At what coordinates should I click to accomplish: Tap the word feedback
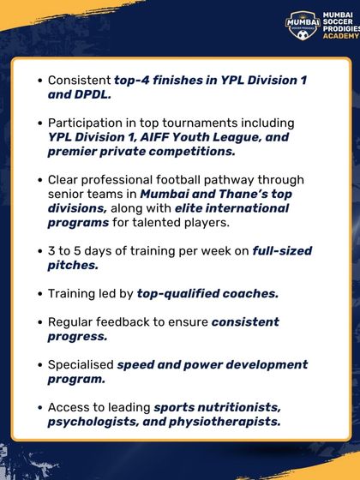134,321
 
